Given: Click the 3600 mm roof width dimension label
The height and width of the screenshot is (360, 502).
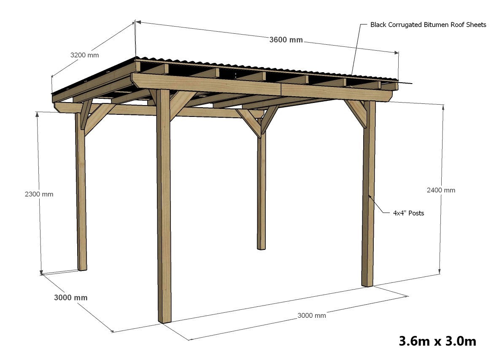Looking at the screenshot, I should (286, 40).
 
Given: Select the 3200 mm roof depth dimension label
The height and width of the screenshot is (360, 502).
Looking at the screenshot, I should (84, 55).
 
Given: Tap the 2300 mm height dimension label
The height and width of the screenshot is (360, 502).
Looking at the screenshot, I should (39, 194).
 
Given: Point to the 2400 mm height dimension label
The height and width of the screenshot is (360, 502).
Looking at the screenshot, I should (441, 190).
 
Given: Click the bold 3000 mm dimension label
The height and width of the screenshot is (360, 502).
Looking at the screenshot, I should (71, 298).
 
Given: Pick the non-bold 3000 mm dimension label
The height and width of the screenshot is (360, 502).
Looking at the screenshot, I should (311, 315).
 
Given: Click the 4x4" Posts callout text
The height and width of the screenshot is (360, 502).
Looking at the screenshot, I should (408, 213).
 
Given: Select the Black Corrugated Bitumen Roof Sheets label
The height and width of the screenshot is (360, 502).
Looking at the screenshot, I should (428, 24).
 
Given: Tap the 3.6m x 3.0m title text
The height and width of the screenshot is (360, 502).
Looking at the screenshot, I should (437, 341).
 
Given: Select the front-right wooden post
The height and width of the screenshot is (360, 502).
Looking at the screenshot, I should (368, 198).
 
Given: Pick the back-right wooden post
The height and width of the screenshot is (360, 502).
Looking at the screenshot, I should (262, 190).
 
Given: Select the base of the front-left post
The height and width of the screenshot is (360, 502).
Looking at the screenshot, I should (165, 319).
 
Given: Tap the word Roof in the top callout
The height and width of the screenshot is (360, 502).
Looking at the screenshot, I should (457, 24).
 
